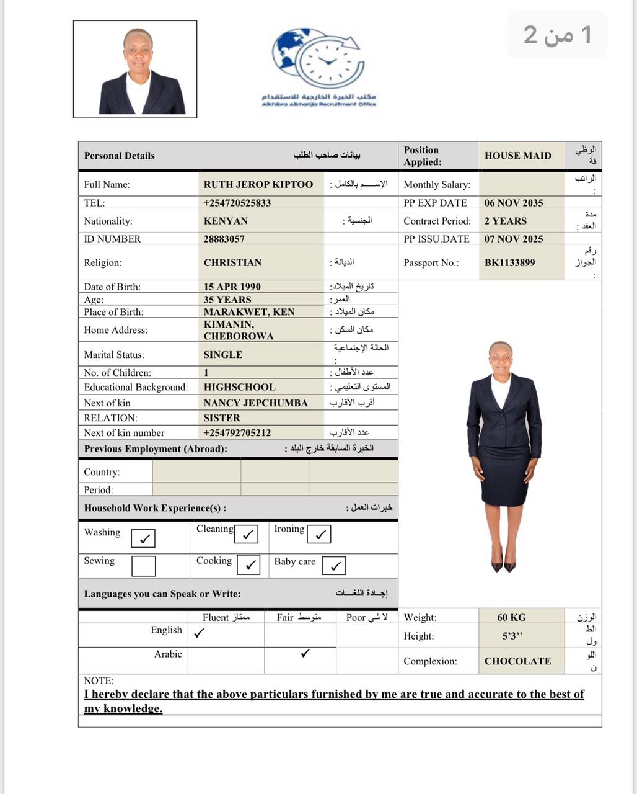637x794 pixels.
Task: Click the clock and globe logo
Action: coord(318,58)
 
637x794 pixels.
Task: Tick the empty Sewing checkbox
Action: coord(143,566)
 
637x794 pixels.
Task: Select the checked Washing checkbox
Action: coord(143,538)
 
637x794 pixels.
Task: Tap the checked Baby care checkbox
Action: coord(334,566)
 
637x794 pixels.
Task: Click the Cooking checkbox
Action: coord(249,565)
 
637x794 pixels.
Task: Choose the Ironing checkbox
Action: coord(319,534)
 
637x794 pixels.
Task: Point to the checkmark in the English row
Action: coord(199,633)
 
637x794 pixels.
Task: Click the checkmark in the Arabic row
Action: coord(305,653)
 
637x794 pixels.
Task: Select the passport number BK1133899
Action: coord(509,262)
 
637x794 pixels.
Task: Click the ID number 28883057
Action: coord(224,239)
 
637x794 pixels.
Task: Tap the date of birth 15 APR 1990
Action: coord(232,287)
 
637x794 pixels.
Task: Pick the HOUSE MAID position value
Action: coord(517,156)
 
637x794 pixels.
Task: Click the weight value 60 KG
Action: coord(511,617)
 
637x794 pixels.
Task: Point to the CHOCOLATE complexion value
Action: coord(517,661)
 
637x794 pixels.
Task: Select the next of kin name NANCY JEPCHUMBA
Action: coord(256,403)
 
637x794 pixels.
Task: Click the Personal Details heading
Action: coord(120,156)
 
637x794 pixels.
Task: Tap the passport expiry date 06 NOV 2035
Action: coord(514,203)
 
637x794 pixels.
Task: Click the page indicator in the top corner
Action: coord(557,35)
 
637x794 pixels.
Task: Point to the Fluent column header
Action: coord(226,617)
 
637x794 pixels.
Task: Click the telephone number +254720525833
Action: coord(237,203)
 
